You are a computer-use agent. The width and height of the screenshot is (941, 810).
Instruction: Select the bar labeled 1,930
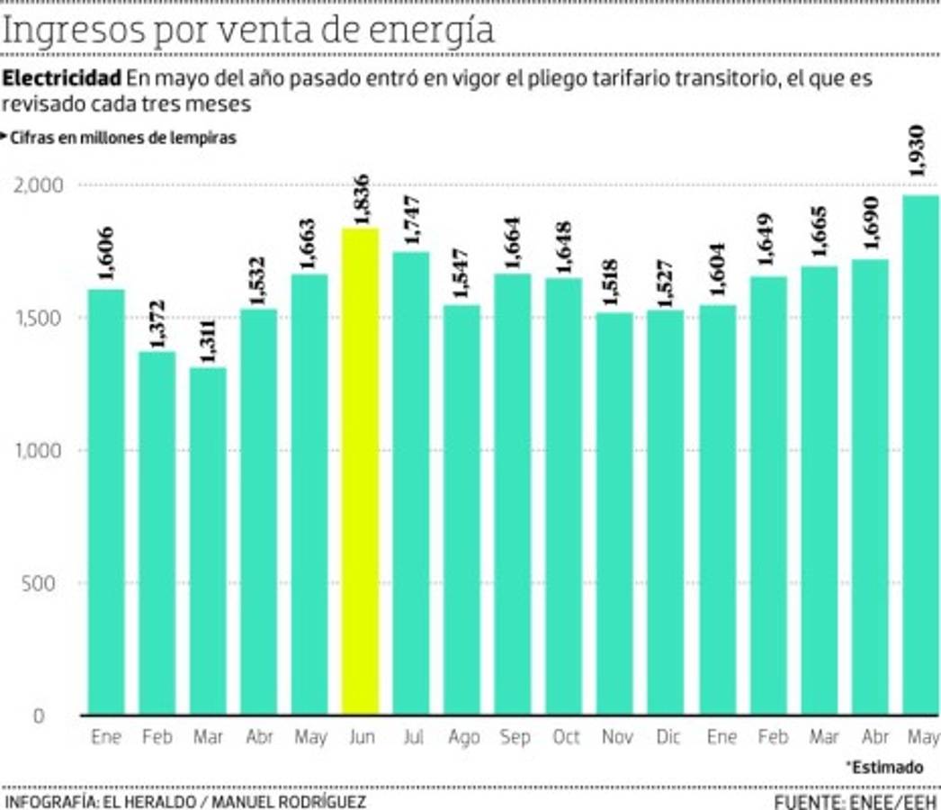(x=920, y=454)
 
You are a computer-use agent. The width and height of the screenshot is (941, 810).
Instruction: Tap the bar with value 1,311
(x=208, y=540)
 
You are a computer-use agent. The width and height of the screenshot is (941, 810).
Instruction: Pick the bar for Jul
(x=411, y=482)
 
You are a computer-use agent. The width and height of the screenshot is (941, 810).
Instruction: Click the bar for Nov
(x=615, y=513)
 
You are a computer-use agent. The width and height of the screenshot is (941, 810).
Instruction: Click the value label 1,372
(x=156, y=322)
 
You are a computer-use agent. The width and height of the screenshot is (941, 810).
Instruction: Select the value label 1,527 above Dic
(x=667, y=283)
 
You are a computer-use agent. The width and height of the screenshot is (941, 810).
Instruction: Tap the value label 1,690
(x=871, y=231)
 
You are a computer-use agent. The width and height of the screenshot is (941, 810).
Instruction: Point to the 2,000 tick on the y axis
(x=40, y=185)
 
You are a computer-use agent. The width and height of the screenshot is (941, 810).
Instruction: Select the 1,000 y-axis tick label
(x=40, y=451)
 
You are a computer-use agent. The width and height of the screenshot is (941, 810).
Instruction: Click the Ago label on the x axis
(x=463, y=738)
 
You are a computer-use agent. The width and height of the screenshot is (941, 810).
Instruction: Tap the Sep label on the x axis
(x=514, y=738)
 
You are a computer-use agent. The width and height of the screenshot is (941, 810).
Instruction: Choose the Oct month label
(x=566, y=738)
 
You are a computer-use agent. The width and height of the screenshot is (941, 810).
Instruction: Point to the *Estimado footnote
(x=883, y=768)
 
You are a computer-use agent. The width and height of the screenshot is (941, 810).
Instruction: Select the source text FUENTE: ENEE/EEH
(x=855, y=800)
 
